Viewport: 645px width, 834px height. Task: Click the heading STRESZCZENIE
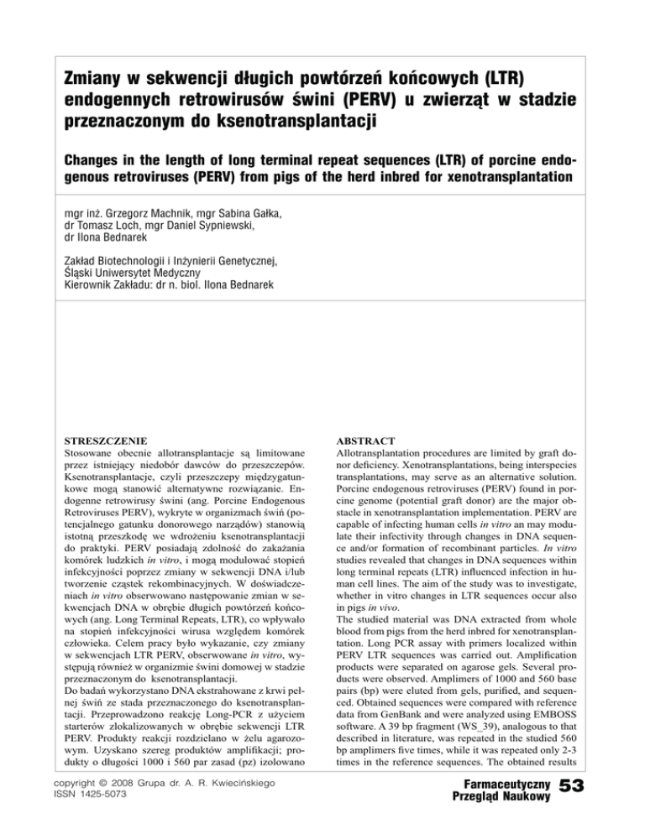(x=107, y=437)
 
